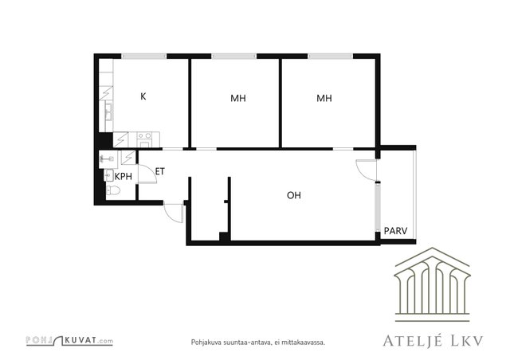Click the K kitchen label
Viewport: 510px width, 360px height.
click(x=143, y=96)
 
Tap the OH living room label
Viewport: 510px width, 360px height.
click(x=294, y=195)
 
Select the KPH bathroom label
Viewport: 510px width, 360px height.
click(x=124, y=177)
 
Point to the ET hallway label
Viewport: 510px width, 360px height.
click(x=160, y=171)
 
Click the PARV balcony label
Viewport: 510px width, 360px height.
click(x=395, y=231)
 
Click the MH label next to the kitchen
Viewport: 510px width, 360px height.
click(x=238, y=98)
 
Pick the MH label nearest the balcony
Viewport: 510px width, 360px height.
click(x=324, y=98)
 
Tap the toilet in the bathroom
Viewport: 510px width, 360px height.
click(x=113, y=190)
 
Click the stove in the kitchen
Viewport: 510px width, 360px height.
click(x=143, y=139)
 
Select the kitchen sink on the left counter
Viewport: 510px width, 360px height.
click(x=108, y=112)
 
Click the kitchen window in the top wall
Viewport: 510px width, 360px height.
click(x=144, y=57)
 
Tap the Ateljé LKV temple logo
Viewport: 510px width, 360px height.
click(x=432, y=284)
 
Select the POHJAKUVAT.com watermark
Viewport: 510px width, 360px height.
click(x=69, y=341)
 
